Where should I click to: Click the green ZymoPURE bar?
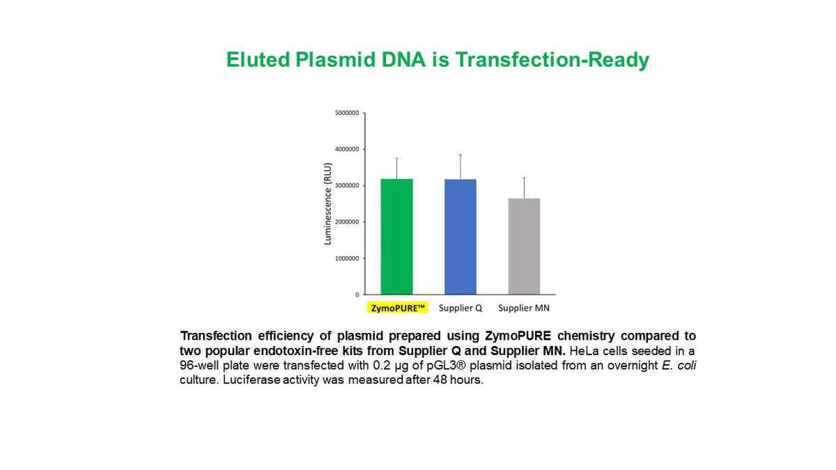[396, 237]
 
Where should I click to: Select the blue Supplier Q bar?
[460, 237]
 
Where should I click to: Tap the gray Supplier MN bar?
[524, 246]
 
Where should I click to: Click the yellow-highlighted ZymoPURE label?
[398, 308]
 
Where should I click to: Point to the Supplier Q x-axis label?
[460, 308]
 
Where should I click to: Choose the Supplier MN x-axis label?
[524, 308]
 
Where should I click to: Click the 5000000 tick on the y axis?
[347, 113]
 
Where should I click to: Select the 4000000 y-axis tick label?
[347, 149]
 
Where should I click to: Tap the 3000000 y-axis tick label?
[347, 185]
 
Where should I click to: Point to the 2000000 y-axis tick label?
[347, 222]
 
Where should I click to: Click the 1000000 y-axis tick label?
[347, 258]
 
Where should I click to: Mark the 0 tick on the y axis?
[357, 295]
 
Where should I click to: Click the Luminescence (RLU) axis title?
[327, 203]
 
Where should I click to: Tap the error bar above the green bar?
[396, 169]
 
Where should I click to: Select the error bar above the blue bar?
[460, 167]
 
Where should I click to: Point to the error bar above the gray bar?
[524, 188]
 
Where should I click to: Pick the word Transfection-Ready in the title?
[552, 61]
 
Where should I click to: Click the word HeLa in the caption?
[583, 351]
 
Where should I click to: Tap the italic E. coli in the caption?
[679, 365]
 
